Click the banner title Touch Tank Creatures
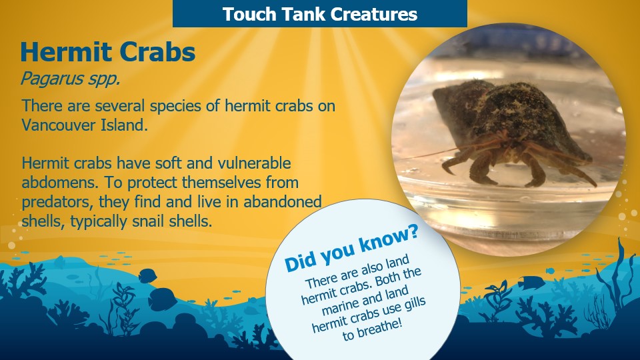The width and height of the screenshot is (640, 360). [x=320, y=14]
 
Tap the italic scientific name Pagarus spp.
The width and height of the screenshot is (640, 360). [x=61, y=79]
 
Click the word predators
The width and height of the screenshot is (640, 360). [x=54, y=202]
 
